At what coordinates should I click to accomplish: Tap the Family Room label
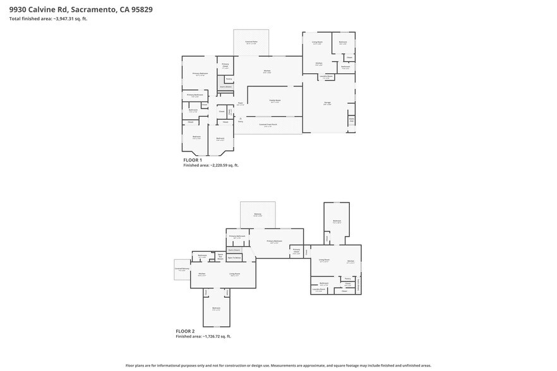[x=275, y=100]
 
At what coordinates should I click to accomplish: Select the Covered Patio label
[x=251, y=42]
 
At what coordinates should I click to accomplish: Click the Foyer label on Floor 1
[x=241, y=104]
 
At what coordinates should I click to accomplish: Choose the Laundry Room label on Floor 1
[x=326, y=77]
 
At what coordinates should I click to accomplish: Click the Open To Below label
[x=234, y=257]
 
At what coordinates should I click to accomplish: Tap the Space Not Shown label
[x=220, y=256]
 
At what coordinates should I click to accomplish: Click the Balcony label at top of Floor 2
[x=258, y=215]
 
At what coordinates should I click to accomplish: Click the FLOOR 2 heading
[x=185, y=331]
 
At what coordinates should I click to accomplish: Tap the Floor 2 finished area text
[x=203, y=336]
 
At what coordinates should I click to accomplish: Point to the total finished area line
[x=48, y=19]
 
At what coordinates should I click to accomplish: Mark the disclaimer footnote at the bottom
[x=278, y=365]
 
